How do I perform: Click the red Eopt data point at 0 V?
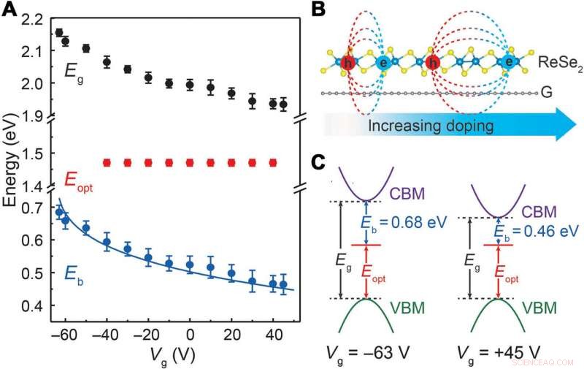tap(190, 162)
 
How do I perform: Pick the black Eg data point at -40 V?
tap(107, 63)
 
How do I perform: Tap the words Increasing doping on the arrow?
tap(427, 126)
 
